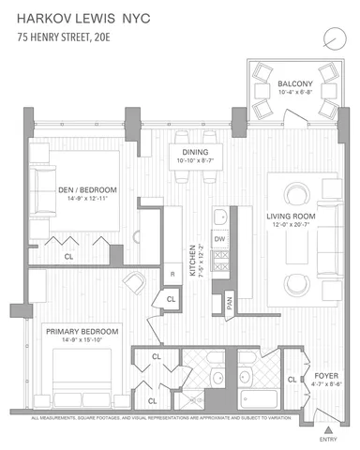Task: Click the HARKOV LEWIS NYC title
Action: (85, 19)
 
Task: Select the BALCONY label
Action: (295, 82)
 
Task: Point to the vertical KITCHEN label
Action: (191, 256)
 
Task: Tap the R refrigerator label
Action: (172, 274)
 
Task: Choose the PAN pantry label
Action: (229, 303)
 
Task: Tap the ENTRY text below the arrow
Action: (327, 438)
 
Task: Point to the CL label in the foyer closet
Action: (292, 380)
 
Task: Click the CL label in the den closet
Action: (69, 254)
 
